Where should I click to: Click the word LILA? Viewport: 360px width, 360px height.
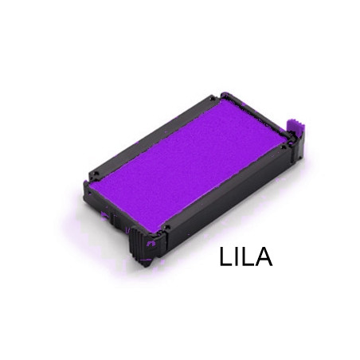(246, 256)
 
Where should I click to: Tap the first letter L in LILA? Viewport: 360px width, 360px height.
(225, 256)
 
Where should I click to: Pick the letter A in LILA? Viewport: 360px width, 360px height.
(264, 256)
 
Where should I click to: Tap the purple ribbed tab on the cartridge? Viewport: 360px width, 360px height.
(295, 126)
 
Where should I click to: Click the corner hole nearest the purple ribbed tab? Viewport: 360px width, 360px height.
(284, 147)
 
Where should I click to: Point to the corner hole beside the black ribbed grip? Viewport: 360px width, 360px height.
(166, 228)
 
